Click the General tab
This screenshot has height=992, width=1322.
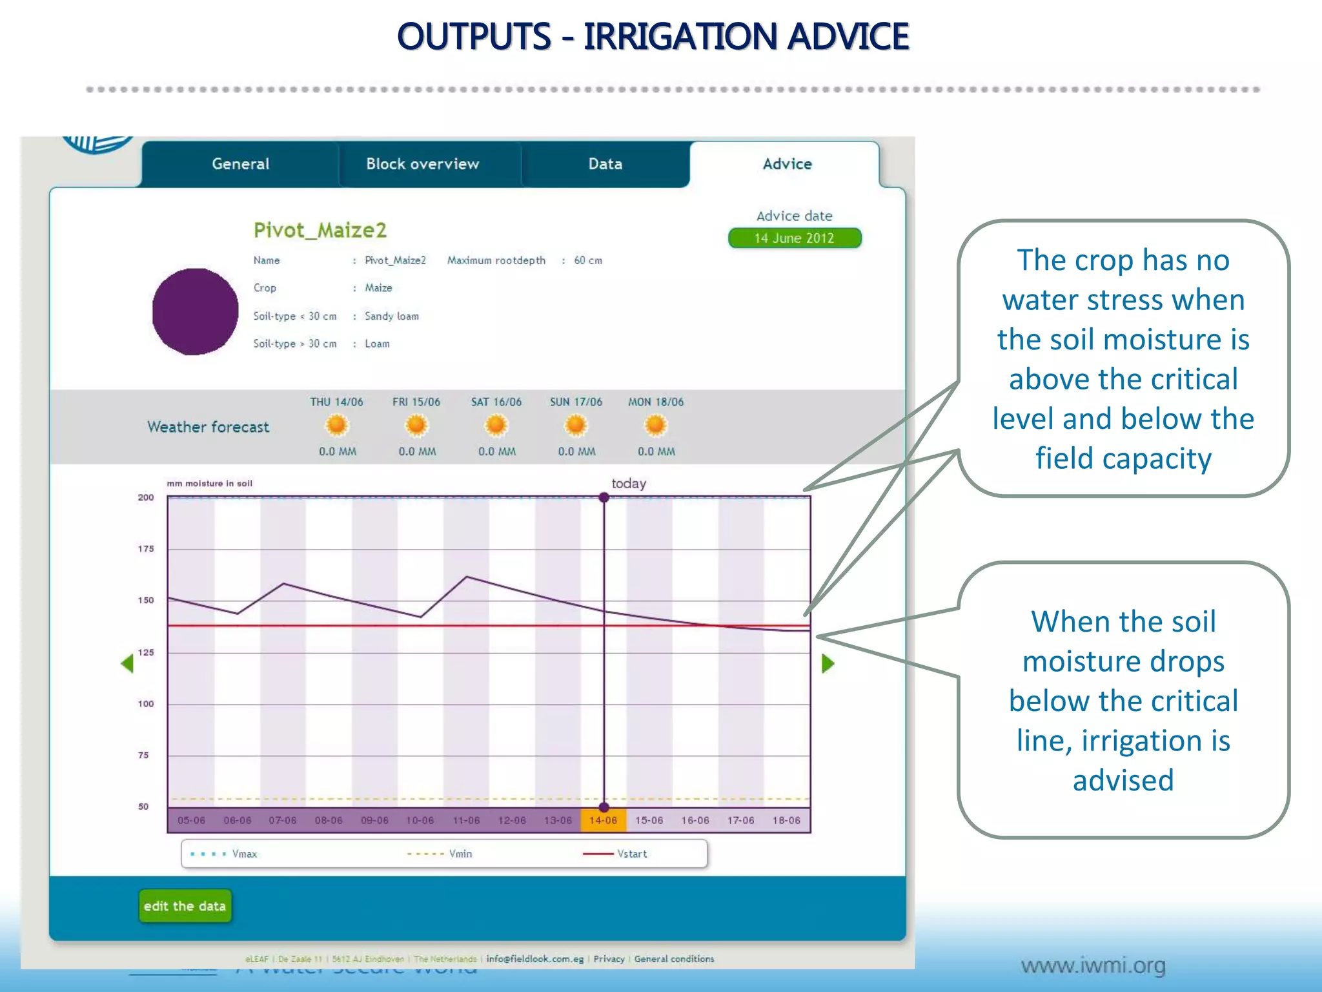[240, 164]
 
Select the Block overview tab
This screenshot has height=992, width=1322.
[423, 164]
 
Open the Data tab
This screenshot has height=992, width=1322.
[605, 164]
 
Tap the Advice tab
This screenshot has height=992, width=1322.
[787, 164]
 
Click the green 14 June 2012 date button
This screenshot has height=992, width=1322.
[795, 238]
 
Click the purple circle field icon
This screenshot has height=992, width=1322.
[195, 312]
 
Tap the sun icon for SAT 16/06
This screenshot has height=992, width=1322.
[496, 426]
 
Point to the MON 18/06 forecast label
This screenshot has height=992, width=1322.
[656, 402]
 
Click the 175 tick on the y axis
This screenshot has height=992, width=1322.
[146, 549]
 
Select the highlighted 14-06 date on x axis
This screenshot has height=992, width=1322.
[603, 820]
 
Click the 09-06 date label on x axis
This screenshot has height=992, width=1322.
[374, 820]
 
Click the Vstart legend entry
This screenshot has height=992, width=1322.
[631, 854]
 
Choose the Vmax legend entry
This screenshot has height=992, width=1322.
[244, 854]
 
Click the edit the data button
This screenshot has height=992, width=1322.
[185, 906]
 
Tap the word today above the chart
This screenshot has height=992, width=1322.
[629, 483]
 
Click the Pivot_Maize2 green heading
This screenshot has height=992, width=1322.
[320, 230]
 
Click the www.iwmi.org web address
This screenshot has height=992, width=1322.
[1093, 966]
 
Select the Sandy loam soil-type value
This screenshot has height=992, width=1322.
[391, 316]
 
